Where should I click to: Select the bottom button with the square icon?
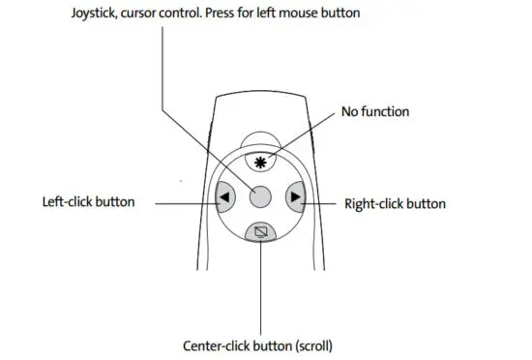click(259, 232)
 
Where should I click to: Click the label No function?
click(375, 111)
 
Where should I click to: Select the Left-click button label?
click(89, 203)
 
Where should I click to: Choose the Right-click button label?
click(395, 203)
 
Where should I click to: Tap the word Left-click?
click(67, 203)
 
